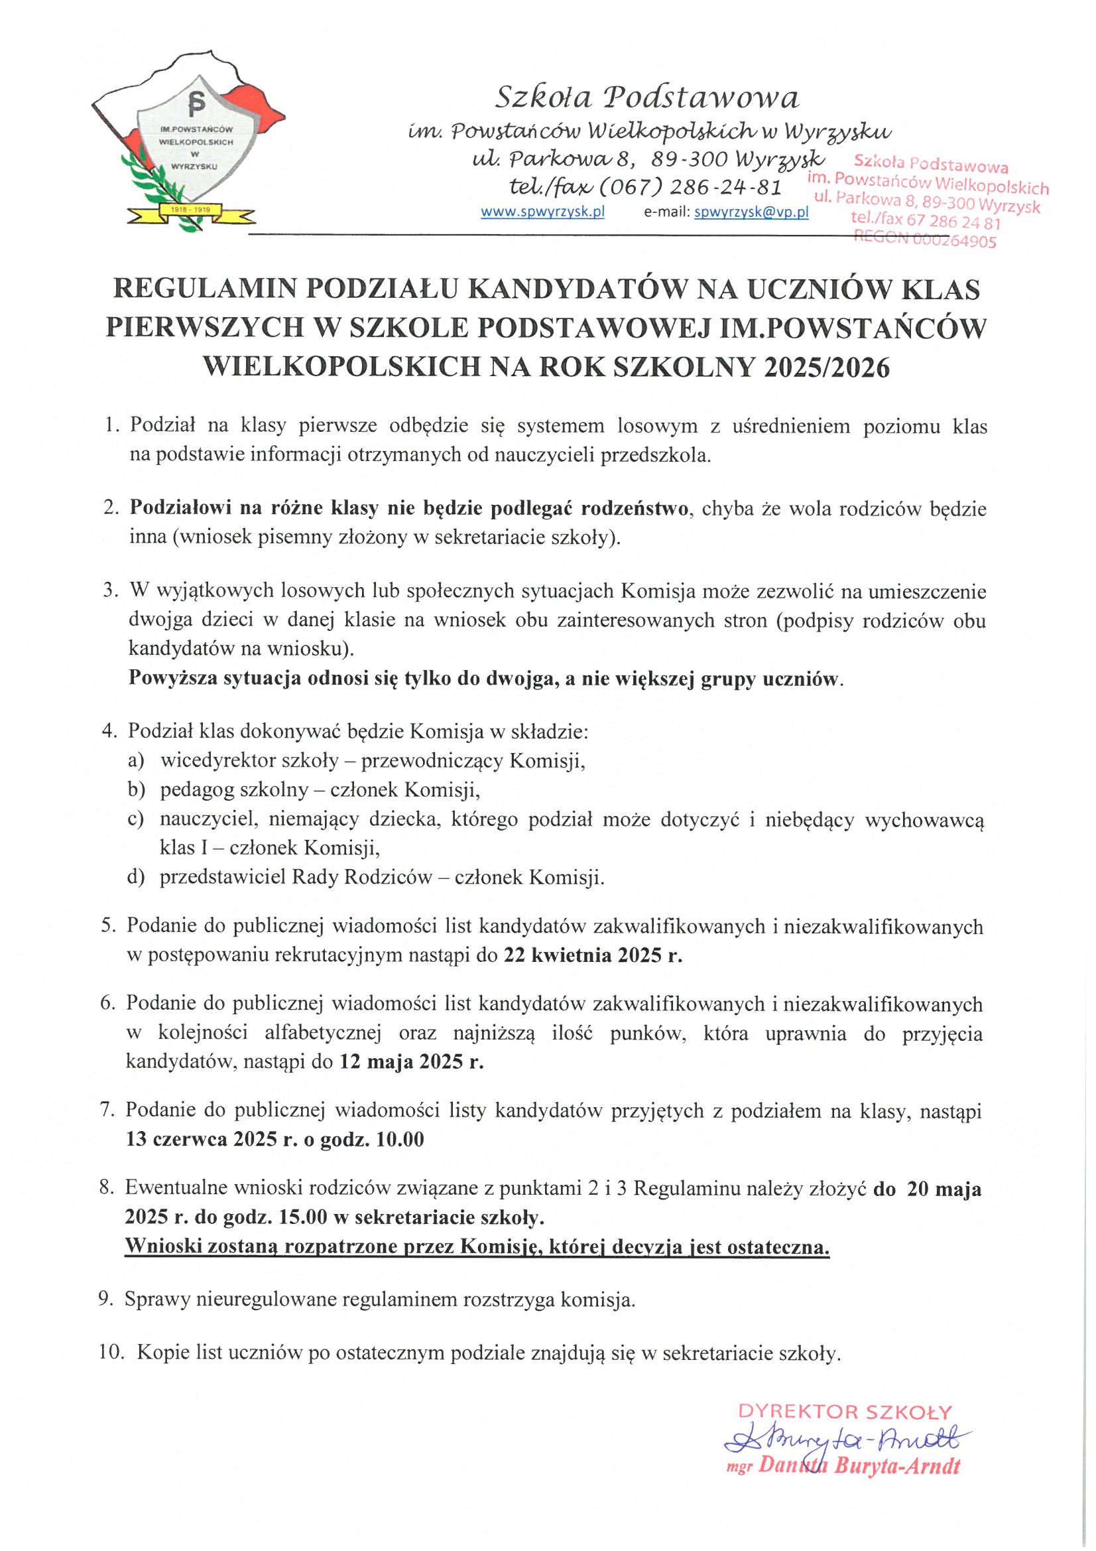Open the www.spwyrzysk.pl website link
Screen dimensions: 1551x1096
pyautogui.click(x=542, y=212)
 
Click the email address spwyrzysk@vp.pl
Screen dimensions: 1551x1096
pyautogui.click(x=751, y=212)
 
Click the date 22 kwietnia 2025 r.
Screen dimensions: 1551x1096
pyautogui.click(x=593, y=955)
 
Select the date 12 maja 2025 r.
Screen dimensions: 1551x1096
pyautogui.click(x=411, y=1061)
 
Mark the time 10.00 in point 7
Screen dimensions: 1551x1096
pyautogui.click(x=400, y=1140)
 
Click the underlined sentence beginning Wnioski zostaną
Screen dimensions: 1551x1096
pyautogui.click(x=477, y=1247)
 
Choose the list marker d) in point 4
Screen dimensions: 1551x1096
pyautogui.click(x=136, y=877)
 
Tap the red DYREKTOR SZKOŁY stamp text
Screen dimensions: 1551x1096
pyautogui.click(x=845, y=1411)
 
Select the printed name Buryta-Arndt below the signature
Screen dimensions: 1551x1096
pyautogui.click(x=897, y=1466)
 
